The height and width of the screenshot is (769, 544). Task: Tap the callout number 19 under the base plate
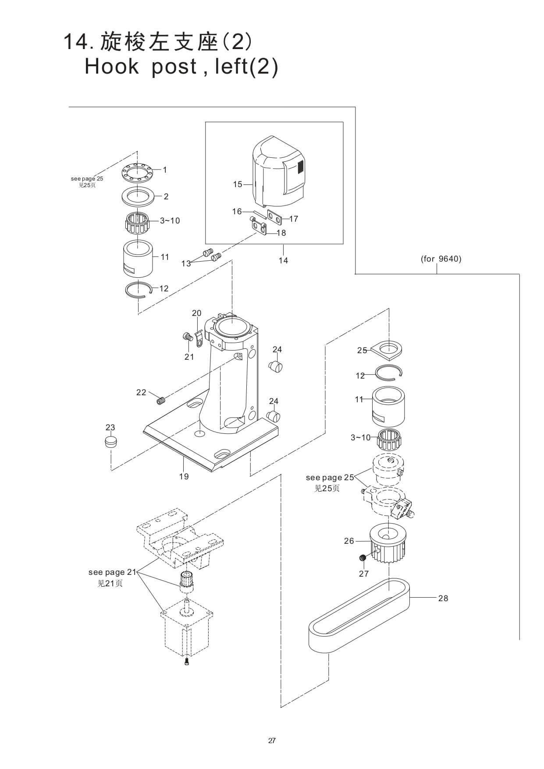(x=184, y=476)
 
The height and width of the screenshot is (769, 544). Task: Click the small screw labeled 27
(x=363, y=558)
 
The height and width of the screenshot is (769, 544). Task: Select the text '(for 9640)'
(x=441, y=259)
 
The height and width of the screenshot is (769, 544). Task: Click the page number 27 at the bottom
(x=272, y=741)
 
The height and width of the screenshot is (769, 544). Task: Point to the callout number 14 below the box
(x=283, y=260)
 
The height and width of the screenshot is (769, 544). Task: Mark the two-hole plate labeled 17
(x=275, y=217)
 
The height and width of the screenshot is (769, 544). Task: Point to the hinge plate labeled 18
(x=259, y=227)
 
